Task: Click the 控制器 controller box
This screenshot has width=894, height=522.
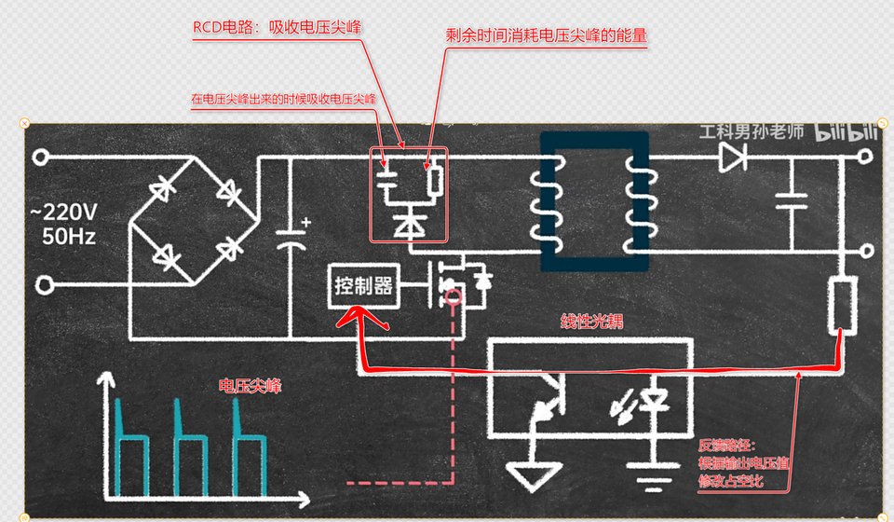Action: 363,286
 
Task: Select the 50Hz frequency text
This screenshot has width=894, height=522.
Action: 68,235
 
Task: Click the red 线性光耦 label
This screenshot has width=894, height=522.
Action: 591,322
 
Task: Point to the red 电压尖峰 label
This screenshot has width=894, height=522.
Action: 250,384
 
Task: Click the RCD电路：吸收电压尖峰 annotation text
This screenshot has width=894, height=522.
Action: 277,28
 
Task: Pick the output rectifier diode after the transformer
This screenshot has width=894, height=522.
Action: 733,158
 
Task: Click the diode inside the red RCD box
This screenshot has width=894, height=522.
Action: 408,225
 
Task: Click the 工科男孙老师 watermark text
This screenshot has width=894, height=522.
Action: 752,131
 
